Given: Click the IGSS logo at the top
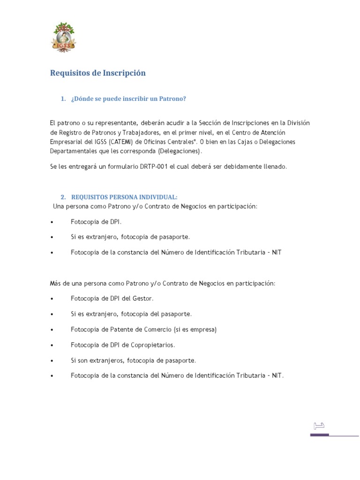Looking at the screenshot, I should click(x=63, y=37).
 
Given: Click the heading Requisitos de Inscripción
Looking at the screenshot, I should click(x=97, y=73).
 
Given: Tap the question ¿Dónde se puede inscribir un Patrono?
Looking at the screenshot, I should click(x=128, y=99).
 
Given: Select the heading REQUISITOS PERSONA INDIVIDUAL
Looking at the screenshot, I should click(x=124, y=197).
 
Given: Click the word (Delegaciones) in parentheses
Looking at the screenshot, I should click(x=180, y=151).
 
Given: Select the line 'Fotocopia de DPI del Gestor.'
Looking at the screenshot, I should click(x=112, y=298).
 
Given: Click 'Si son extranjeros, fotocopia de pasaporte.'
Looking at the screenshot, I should click(x=134, y=360).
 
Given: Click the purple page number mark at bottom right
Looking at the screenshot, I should click(x=319, y=426).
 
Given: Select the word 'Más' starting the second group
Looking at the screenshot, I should click(x=56, y=283).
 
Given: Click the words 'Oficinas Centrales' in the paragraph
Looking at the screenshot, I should click(x=170, y=142).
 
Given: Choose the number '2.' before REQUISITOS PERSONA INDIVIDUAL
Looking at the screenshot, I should click(x=63, y=197).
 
